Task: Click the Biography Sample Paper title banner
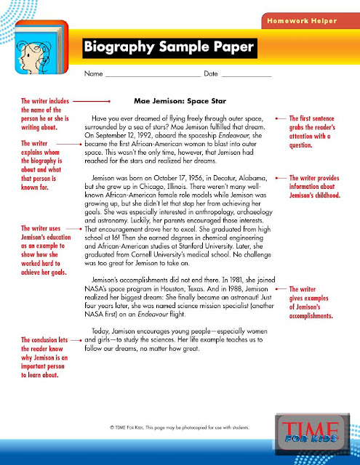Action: click(x=169, y=47)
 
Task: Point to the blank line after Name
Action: click(x=152, y=76)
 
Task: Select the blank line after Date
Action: click(x=247, y=76)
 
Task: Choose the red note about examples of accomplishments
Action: click(x=313, y=303)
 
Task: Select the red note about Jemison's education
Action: click(x=44, y=250)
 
